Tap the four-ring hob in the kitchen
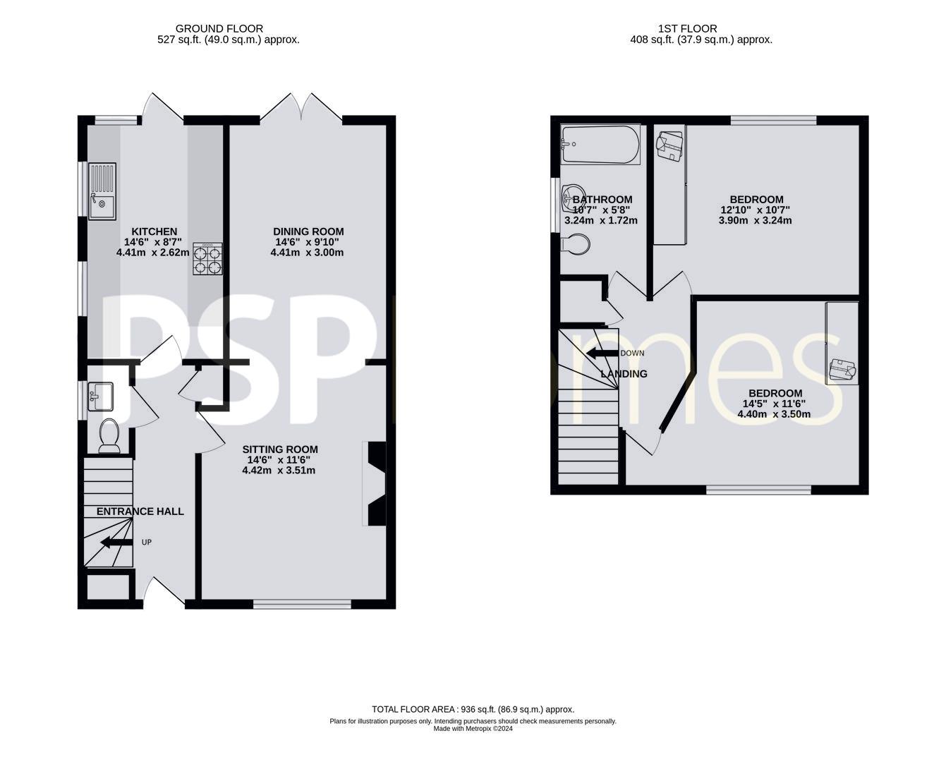click(x=207, y=258)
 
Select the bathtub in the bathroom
click(x=600, y=145)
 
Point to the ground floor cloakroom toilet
click(x=109, y=435)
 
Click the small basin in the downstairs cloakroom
click(x=101, y=397)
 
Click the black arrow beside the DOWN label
click(x=601, y=353)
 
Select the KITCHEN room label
click(x=154, y=231)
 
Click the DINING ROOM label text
click(x=308, y=231)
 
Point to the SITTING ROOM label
click(x=280, y=449)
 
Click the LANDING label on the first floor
click(x=624, y=374)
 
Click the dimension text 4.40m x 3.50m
click(x=774, y=414)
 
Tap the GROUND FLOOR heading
click(x=219, y=29)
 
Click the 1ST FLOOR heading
click(x=687, y=29)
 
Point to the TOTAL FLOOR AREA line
click(x=473, y=709)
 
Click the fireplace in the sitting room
click(x=375, y=483)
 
